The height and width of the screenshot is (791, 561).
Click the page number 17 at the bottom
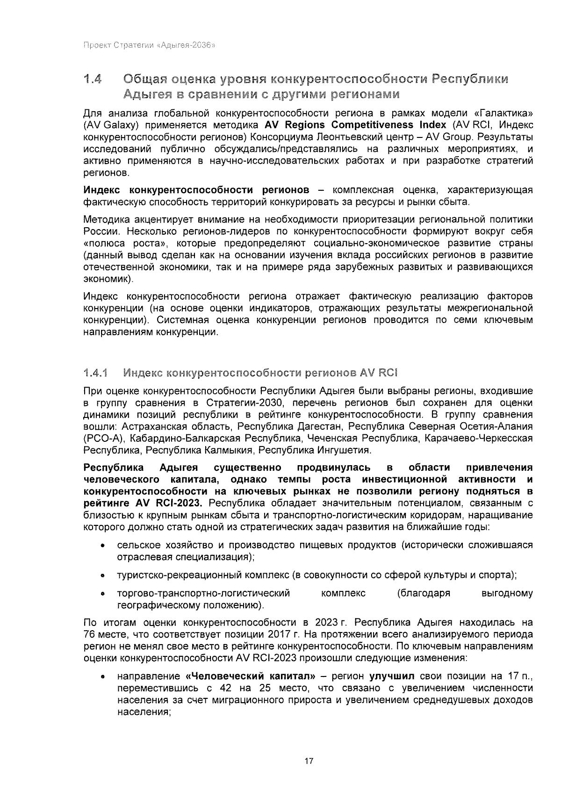click(x=309, y=761)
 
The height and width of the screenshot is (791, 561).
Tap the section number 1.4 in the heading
click(x=93, y=79)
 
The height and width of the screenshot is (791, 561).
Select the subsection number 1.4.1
click(x=95, y=373)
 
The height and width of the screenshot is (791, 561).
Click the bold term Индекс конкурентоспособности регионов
click(x=196, y=190)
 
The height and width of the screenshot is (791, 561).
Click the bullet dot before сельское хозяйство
click(x=101, y=546)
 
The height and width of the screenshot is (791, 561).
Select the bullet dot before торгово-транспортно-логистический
click(x=101, y=594)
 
